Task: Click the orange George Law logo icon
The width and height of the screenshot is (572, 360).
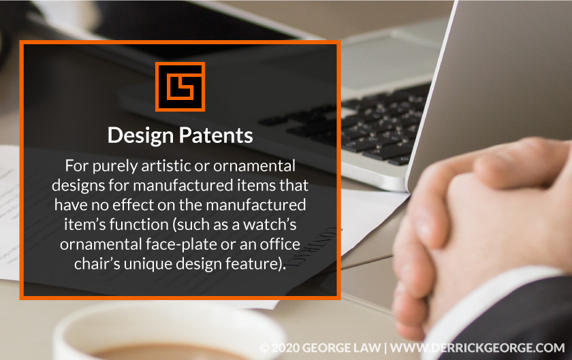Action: click(180, 86)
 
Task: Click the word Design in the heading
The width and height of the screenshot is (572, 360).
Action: click(140, 135)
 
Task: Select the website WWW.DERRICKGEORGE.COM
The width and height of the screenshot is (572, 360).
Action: click(477, 347)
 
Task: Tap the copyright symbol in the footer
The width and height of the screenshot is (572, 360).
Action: click(264, 347)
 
